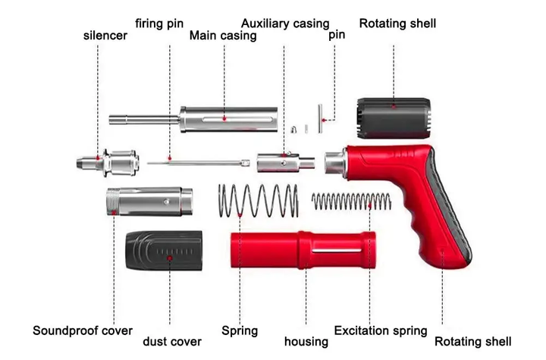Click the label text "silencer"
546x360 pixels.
coord(105,36)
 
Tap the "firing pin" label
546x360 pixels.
coord(159,23)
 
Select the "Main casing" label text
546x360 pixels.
coord(223,36)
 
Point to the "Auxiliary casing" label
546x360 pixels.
coord(285,23)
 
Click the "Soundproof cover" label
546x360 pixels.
coord(83,330)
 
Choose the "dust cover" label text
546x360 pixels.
coord(172,342)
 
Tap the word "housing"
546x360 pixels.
coord(306,342)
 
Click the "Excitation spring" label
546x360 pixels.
coord(381,330)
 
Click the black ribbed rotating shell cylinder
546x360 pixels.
coord(394,118)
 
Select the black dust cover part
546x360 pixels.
coord(164,250)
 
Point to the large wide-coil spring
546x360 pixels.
coord(259,201)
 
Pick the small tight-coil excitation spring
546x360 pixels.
coord(351,202)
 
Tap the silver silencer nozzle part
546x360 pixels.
coord(108,163)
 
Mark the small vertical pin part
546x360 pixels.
coord(320,118)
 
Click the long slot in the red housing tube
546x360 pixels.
coord(337,251)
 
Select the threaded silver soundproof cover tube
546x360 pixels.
coord(149,202)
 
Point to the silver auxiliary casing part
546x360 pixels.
coord(286,163)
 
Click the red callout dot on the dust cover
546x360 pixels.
coord(170,258)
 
